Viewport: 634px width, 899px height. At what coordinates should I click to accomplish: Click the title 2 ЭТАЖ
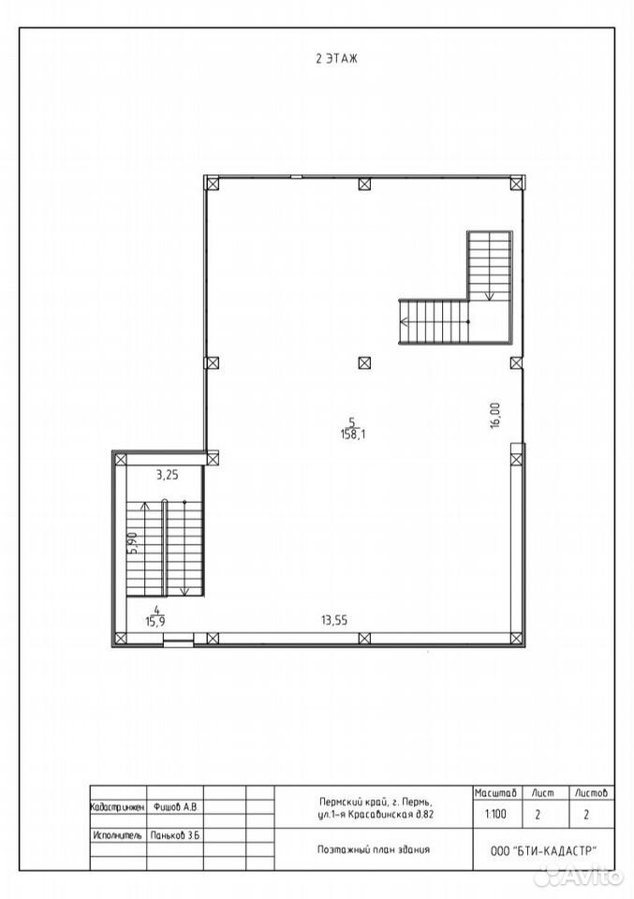click(x=336, y=58)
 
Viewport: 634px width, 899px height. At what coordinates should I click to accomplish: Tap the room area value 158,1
click(x=352, y=434)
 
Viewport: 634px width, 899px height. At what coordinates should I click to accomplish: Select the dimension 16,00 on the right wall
click(x=495, y=415)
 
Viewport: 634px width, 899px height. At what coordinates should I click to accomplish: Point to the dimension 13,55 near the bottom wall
click(x=334, y=620)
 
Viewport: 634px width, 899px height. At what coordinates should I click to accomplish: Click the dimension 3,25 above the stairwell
click(x=168, y=475)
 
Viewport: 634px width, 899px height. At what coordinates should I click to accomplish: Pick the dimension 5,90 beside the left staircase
click(x=132, y=542)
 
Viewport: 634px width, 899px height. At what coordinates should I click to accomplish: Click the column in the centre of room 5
click(x=364, y=362)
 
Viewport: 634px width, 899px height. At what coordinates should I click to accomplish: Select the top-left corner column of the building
click(x=212, y=184)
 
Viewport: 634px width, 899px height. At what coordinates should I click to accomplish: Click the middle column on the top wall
click(x=364, y=184)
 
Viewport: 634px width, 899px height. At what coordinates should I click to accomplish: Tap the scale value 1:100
click(x=495, y=813)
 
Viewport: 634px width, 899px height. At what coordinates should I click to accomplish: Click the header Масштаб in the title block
click(x=495, y=793)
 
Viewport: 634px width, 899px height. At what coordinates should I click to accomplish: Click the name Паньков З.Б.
click(x=175, y=835)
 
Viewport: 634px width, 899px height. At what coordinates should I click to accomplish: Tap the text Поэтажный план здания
click(x=373, y=849)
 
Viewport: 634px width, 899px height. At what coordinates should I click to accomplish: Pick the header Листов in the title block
click(x=591, y=793)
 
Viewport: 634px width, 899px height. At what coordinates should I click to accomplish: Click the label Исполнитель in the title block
click(x=117, y=835)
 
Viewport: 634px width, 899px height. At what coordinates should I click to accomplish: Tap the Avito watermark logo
click(x=583, y=876)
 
